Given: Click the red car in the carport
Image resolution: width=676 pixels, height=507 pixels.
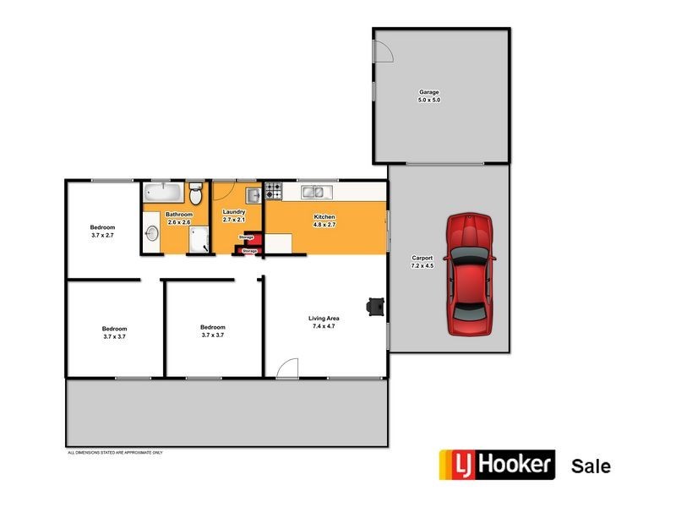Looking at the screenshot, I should point(470,273).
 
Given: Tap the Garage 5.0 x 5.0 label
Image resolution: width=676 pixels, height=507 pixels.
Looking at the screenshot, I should point(429,96).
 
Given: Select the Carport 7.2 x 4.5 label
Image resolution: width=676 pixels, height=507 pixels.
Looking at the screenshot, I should point(422,262).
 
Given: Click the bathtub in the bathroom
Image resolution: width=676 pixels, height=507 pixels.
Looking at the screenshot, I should point(161,191).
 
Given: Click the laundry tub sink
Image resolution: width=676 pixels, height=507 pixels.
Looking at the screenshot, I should point(252,196).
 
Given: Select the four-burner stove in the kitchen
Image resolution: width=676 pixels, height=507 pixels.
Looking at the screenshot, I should point(273,192).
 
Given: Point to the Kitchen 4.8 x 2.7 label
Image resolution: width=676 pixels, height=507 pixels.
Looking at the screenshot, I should point(325,221).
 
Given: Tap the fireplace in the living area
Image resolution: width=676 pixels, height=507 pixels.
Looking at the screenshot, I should point(373,307).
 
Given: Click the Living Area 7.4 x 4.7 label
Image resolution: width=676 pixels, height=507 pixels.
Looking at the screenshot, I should point(324,322).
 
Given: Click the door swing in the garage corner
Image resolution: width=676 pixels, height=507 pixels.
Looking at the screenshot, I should point(383,51).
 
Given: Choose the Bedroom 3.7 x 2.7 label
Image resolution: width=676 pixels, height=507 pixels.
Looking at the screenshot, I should point(102,232).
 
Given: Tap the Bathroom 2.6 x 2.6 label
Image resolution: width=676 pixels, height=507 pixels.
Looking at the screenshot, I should point(178,218).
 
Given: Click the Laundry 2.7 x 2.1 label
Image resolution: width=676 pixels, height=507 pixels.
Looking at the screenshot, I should point(233,215).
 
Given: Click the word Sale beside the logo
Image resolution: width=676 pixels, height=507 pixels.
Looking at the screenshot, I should point(591,466).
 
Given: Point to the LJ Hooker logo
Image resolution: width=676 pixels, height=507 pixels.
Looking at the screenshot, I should point(496,465).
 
